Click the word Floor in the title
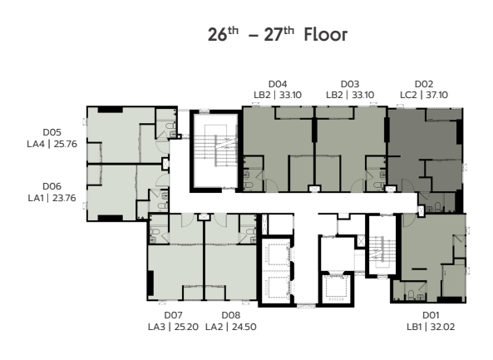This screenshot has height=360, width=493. click(x=326, y=34)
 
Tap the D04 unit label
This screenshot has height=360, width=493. click(x=278, y=84)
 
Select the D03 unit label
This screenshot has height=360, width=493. click(x=350, y=84)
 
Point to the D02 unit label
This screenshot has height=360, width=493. click(x=424, y=84)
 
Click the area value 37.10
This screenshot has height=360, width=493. click(x=437, y=95)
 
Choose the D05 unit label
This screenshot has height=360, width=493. click(x=52, y=132)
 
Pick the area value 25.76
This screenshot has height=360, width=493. click(x=66, y=144)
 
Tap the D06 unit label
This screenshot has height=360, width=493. click(x=52, y=186)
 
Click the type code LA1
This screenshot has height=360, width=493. click(x=37, y=198)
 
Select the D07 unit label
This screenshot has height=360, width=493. click(x=173, y=315)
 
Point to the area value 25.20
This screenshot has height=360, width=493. click(x=187, y=327)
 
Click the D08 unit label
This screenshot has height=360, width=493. click(x=231, y=315)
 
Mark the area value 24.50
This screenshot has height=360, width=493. click(x=244, y=327)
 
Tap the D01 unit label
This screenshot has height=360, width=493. click(x=431, y=315)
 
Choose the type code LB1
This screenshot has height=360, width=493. click(x=414, y=327)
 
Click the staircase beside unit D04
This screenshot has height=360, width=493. click(x=215, y=150)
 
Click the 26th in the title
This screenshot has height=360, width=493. click(x=224, y=34)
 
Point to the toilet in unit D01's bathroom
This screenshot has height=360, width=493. click(x=411, y=294)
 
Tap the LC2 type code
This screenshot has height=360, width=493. click(x=408, y=95)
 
